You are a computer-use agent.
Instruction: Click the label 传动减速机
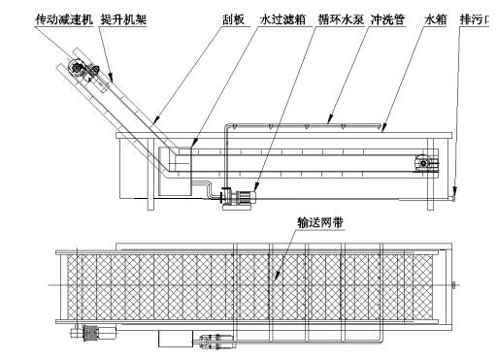(x=64, y=19)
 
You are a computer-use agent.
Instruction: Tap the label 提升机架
(x=123, y=19)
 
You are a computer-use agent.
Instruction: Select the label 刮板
(x=233, y=19)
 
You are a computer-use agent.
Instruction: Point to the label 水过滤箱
(x=282, y=19)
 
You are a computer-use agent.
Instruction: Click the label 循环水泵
(x=341, y=19)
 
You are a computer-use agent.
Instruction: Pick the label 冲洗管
(x=387, y=19)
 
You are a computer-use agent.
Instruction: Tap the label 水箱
(x=436, y=19)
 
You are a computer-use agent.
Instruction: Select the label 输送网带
(x=320, y=222)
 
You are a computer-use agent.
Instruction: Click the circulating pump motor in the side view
(x=247, y=196)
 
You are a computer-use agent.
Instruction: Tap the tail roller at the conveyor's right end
(x=423, y=163)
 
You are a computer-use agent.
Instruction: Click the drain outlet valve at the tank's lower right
(x=453, y=197)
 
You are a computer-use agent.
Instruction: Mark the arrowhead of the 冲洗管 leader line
(x=330, y=119)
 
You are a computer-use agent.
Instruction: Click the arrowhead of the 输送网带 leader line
(x=277, y=276)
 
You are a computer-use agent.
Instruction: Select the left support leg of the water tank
(x=150, y=174)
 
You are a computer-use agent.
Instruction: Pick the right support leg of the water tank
(x=430, y=174)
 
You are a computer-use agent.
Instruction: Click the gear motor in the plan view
(x=93, y=333)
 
